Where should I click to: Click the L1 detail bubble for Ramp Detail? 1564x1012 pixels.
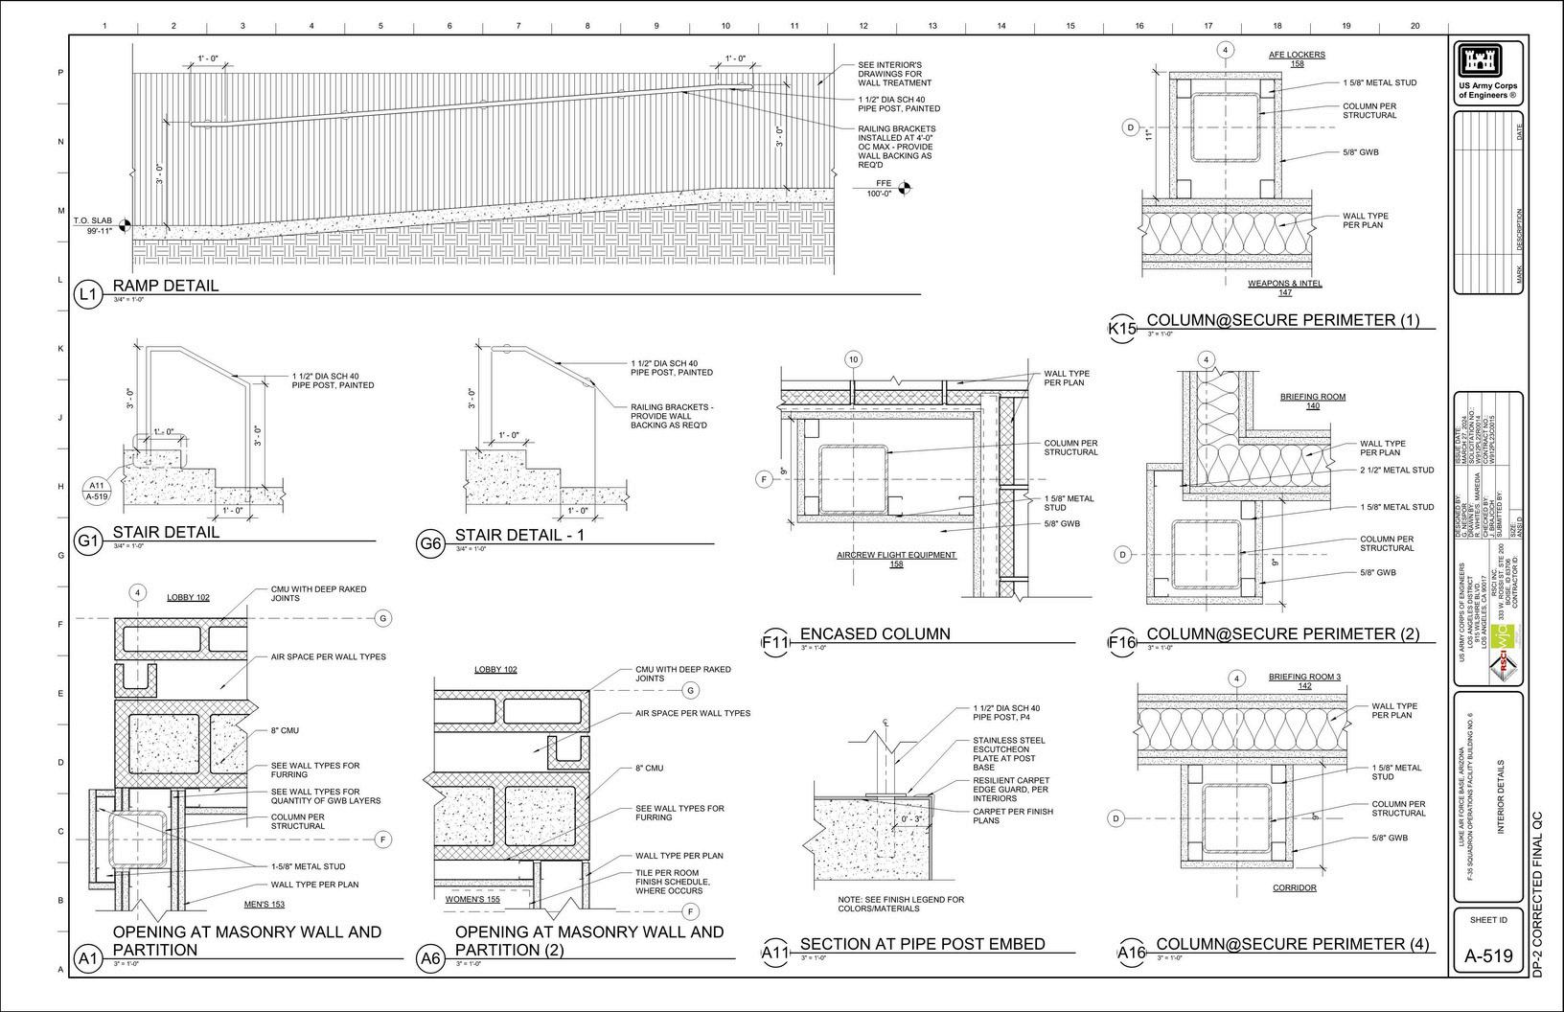click(x=87, y=294)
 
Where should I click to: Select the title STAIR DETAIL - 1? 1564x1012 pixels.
click(x=518, y=535)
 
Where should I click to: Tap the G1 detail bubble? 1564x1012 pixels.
click(x=87, y=541)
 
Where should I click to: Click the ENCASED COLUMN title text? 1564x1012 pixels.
click(x=875, y=633)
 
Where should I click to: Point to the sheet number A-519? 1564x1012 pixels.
click(x=1488, y=955)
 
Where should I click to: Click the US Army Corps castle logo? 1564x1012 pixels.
click(x=1487, y=61)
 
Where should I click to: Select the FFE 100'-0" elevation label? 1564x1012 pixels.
click(x=883, y=188)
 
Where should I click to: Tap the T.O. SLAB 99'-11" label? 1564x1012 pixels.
click(x=95, y=226)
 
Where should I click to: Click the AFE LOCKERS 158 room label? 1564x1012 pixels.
click(x=1297, y=59)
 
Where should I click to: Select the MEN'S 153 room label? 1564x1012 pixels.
click(x=264, y=904)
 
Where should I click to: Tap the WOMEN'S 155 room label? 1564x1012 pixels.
click(x=472, y=899)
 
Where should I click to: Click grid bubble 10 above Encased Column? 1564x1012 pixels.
click(x=853, y=359)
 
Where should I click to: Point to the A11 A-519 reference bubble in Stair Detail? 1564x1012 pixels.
click(x=98, y=491)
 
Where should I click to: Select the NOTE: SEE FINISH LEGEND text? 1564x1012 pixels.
click(x=901, y=904)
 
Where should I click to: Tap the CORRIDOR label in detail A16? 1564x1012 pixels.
click(x=1294, y=888)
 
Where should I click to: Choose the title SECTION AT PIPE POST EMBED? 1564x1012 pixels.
click(x=922, y=944)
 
